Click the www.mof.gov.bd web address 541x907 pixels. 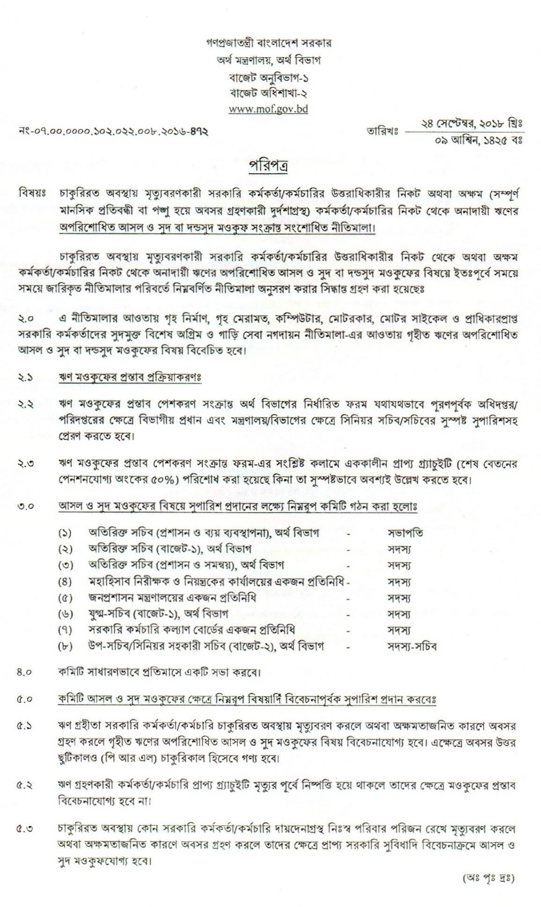tap(268, 109)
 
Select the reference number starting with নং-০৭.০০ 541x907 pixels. tap(112, 132)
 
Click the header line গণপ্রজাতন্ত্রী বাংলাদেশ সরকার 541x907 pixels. tap(268, 43)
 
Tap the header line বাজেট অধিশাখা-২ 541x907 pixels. tap(268, 92)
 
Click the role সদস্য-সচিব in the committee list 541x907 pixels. tap(412, 646)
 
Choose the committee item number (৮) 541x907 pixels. tap(65, 647)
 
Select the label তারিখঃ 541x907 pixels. tap(382, 132)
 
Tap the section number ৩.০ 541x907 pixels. tap(25, 508)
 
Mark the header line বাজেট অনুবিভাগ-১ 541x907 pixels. tap(268, 76)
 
